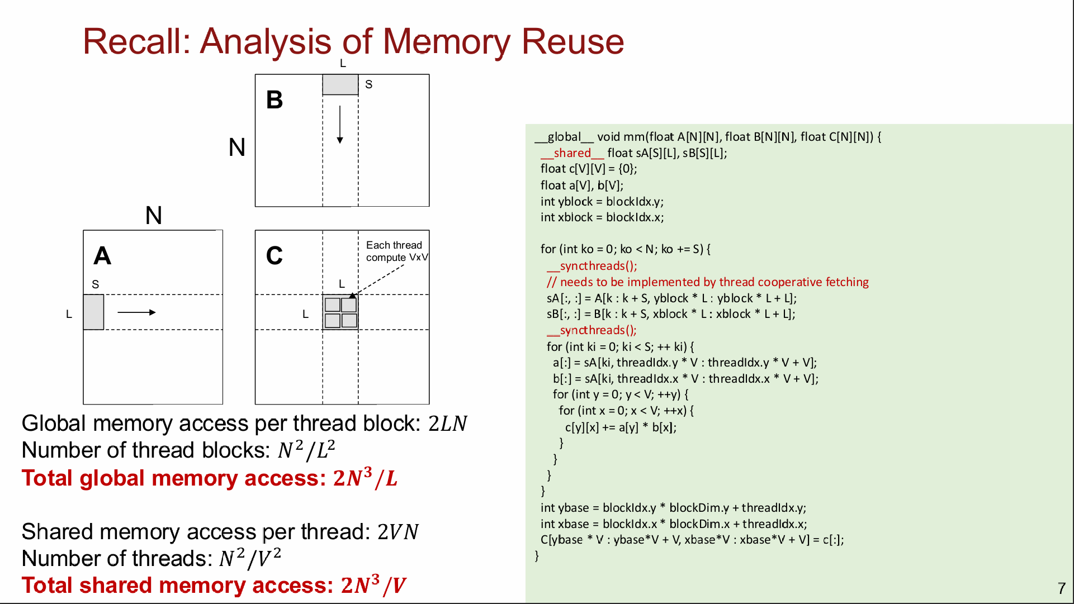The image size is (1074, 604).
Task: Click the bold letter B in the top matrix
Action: tap(275, 100)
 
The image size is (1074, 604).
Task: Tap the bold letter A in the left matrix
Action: tap(102, 256)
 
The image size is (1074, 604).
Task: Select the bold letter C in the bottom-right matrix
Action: tap(275, 256)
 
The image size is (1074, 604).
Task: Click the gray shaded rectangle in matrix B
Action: tap(340, 84)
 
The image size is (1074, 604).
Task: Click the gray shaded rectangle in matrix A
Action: tap(93, 312)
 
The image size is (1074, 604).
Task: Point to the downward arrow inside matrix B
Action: tap(340, 124)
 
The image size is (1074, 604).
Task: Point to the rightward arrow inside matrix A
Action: tap(136, 312)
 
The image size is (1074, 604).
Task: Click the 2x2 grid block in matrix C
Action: tap(340, 312)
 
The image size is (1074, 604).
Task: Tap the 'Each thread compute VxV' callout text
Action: tap(397, 251)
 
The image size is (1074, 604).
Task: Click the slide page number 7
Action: tap(1062, 588)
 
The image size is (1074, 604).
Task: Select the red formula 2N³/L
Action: tap(365, 478)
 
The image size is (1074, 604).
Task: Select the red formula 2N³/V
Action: tap(373, 585)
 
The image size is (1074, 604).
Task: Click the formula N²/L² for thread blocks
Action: tap(306, 450)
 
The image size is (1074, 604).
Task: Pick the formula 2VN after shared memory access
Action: tap(398, 532)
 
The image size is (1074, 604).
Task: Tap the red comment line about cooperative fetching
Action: tap(708, 282)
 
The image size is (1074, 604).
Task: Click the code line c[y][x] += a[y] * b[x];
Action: tap(621, 427)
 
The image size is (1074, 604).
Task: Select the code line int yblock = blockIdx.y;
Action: tap(602, 202)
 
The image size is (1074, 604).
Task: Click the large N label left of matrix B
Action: tap(237, 148)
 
